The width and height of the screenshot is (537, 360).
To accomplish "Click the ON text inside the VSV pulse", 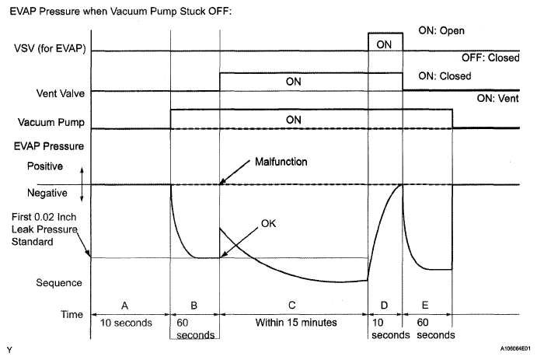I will coord(384,45).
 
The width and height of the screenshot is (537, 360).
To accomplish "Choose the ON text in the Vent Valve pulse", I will coord(294,81).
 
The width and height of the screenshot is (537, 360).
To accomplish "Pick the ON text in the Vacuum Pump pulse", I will coord(294,119).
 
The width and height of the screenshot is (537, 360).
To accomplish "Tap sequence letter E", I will coord(427,305).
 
